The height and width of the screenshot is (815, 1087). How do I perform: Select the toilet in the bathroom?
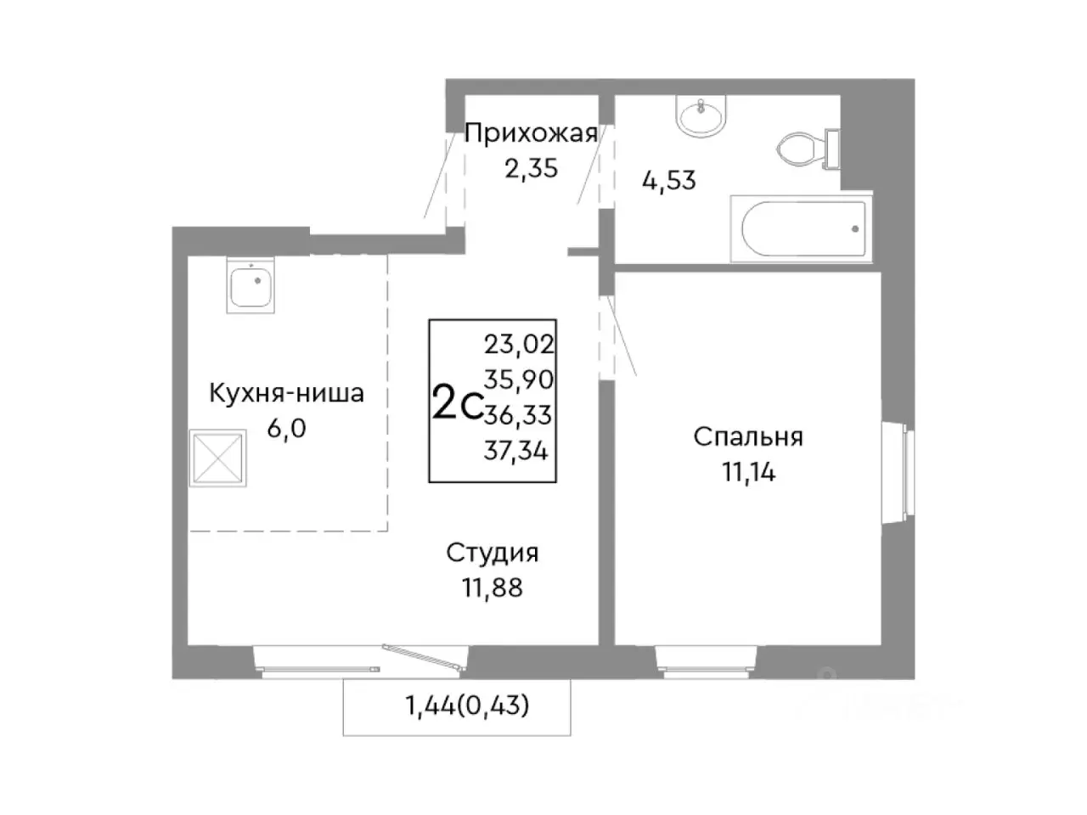[803, 149]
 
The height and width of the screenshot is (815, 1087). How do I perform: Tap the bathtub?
[803, 228]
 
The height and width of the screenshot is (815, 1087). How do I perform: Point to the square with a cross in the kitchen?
[218, 458]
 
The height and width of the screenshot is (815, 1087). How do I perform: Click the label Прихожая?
[531, 133]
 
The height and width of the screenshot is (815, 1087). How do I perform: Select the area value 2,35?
[531, 168]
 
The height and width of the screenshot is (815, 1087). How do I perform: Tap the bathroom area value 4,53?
[668, 180]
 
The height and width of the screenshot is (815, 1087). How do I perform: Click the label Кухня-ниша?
[286, 393]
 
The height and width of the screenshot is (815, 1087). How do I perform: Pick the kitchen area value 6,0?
[286, 429]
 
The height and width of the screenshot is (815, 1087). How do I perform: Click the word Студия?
[493, 553]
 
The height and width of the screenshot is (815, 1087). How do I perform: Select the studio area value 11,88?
[493, 587]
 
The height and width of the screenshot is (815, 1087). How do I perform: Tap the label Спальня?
[748, 437]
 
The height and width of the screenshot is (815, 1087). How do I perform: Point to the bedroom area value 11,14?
[748, 472]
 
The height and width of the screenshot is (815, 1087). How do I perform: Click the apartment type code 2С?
[458, 402]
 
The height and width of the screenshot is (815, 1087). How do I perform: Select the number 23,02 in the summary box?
[518, 344]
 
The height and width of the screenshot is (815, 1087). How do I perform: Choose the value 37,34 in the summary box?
[516, 450]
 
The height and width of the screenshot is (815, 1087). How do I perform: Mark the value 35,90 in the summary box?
[518, 379]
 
